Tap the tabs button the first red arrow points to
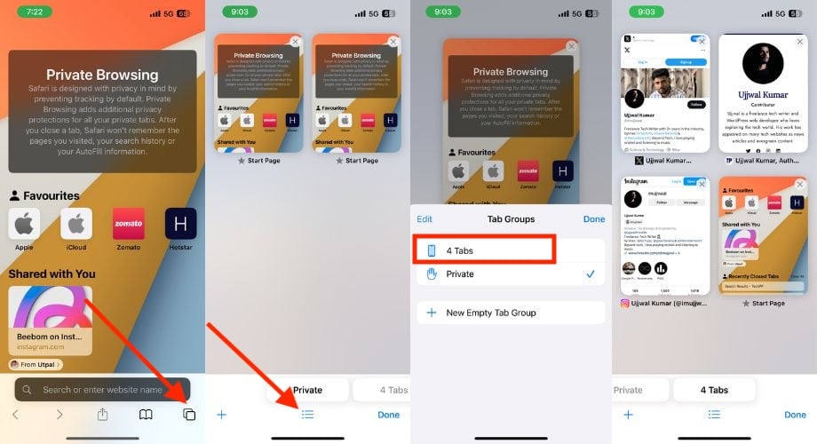[188, 415]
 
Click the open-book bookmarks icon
[146, 415]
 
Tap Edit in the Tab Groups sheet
[424, 218]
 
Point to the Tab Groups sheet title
[510, 218]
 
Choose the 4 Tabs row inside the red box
[484, 250]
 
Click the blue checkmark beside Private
[591, 274]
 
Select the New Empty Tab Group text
[491, 313]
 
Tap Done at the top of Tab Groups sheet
[593, 218]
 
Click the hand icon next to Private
[432, 274]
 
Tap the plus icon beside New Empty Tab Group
[432, 313]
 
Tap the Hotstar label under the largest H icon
[180, 247]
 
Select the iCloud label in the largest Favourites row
[76, 247]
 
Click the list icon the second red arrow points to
[307, 415]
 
